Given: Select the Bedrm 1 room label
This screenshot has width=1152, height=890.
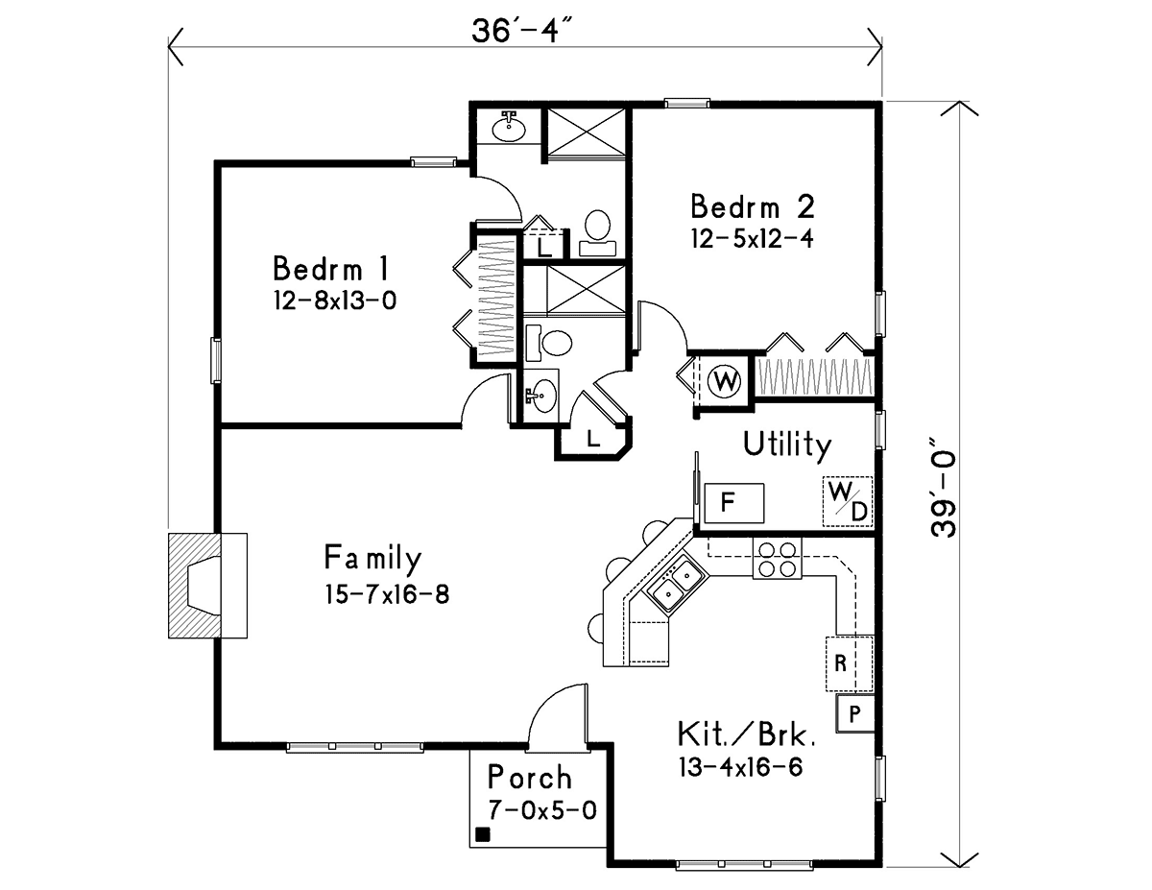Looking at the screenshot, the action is (x=331, y=268).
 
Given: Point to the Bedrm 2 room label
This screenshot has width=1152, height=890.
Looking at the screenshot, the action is (x=752, y=206).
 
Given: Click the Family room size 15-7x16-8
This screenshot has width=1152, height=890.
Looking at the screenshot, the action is (x=387, y=594).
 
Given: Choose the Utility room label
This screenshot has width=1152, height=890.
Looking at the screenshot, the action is (x=787, y=445).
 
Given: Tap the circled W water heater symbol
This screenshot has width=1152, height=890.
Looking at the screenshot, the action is (x=724, y=380).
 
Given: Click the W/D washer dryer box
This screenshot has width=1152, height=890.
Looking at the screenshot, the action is (x=847, y=501).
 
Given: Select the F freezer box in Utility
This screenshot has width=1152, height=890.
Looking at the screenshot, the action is (x=733, y=502).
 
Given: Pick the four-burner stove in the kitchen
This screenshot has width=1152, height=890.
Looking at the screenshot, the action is (x=778, y=559).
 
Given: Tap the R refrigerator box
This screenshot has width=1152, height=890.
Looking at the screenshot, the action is (x=849, y=663).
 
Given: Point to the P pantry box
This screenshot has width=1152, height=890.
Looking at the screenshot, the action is (x=854, y=714).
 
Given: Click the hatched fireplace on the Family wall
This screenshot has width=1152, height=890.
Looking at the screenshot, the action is (x=207, y=586).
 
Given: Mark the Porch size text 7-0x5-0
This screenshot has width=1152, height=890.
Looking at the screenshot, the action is (x=542, y=810).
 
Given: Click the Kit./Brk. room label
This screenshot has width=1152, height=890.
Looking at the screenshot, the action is (x=747, y=734).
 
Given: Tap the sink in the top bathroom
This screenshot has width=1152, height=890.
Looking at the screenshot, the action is (x=509, y=129).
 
